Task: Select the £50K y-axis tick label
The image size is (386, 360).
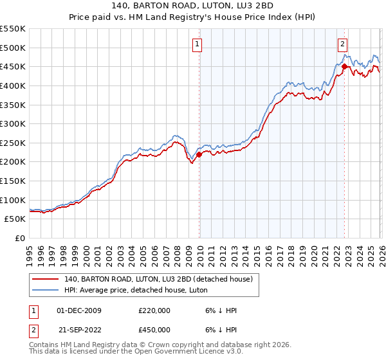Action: click(15, 219)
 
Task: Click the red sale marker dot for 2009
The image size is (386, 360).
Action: click(199, 154)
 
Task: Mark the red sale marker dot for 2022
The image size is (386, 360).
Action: click(344, 66)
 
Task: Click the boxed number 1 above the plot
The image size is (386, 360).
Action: click(198, 44)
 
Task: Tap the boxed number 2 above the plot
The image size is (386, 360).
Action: click(343, 44)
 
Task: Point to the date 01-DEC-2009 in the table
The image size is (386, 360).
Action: click(79, 310)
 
